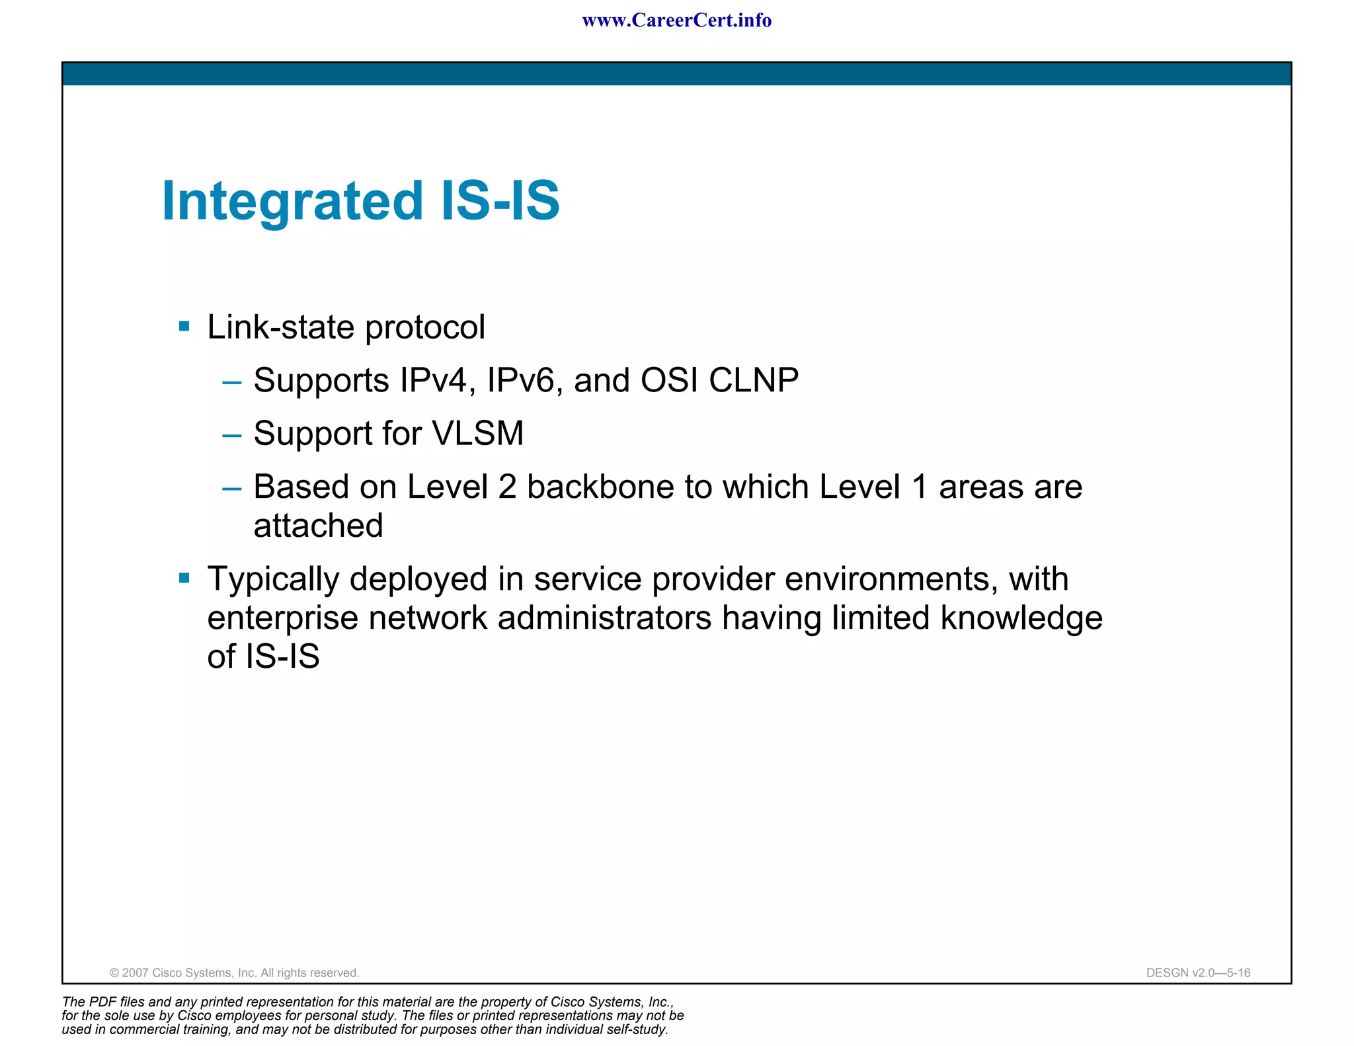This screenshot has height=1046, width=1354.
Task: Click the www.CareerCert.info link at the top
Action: point(676,20)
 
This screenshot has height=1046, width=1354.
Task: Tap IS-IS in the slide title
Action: point(500,201)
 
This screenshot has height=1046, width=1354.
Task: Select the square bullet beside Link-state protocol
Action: point(184,326)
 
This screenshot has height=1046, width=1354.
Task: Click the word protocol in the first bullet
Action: point(425,328)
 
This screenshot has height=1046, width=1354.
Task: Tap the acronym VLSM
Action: point(477,434)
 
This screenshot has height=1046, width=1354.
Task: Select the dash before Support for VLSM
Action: point(232,435)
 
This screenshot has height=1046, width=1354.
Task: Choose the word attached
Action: point(318,526)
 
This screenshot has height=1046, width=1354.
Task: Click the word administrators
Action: point(604,618)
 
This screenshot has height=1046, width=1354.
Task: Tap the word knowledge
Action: point(1021,618)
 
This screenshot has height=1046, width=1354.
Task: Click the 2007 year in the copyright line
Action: point(136,973)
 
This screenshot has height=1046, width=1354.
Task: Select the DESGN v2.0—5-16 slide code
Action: point(1198,973)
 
